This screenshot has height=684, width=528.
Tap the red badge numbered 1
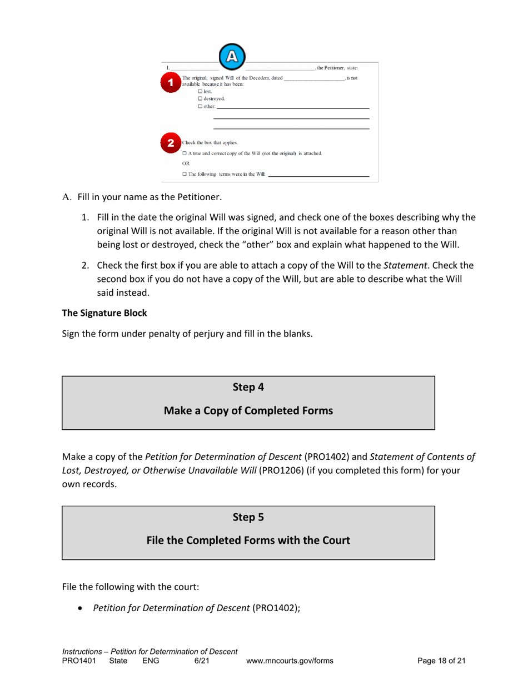pos(172,81)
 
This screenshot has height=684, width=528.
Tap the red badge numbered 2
pos(172,142)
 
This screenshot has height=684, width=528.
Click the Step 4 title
pos(248,388)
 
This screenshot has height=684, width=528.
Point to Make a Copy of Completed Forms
pos(248,411)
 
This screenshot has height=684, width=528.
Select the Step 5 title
pos(248,517)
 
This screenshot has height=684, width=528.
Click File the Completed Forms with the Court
pos(248,540)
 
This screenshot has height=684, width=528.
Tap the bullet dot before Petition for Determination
pos(82,608)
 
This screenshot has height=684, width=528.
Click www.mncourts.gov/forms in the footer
pos(289,661)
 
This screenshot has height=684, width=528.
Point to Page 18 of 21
pos(441,661)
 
